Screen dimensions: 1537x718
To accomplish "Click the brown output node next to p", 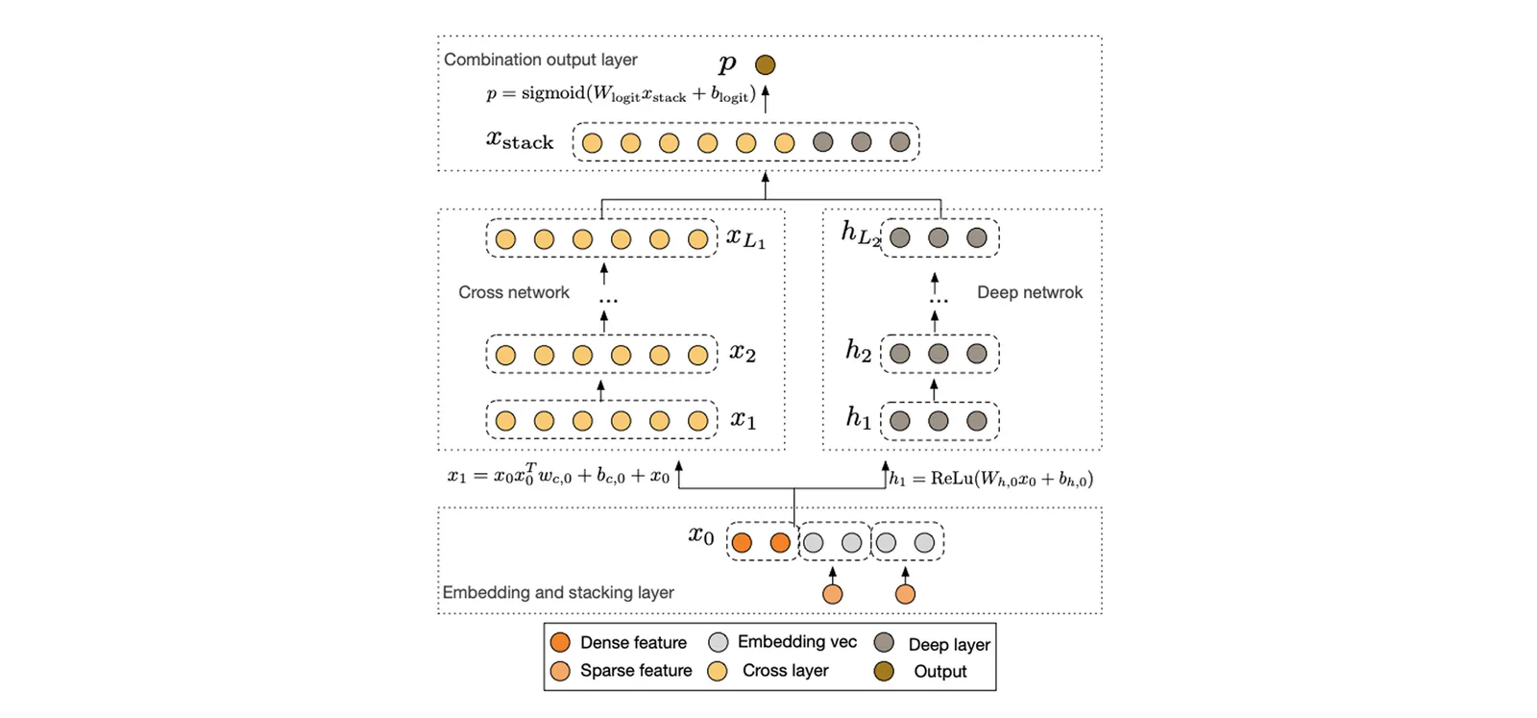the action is point(765,64).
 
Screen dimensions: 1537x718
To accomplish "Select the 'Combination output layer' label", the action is point(541,60).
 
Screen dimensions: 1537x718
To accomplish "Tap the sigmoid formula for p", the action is point(621,94).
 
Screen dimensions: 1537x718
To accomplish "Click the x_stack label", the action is point(520,140).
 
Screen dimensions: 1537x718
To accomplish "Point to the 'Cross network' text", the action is point(514,292).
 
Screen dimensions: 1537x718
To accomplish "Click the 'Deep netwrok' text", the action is point(1030,292).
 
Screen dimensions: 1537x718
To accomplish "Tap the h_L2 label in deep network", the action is point(861,235).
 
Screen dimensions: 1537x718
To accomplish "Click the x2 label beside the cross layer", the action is point(743,353).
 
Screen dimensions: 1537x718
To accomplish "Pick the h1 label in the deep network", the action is point(859,417).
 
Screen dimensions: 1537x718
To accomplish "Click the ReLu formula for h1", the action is point(991,479).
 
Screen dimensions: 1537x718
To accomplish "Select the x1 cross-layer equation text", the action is point(558,474).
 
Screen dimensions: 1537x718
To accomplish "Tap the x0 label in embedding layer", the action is point(701,534).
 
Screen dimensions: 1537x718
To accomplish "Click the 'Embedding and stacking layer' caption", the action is point(558,592).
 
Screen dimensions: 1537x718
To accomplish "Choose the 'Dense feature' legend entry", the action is point(619,642).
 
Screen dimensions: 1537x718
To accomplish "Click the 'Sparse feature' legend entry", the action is point(621,671).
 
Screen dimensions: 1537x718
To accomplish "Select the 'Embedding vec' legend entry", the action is point(783,642).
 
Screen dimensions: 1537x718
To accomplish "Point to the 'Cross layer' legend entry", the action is point(768,671).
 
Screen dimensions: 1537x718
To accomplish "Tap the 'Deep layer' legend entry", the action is point(933,644).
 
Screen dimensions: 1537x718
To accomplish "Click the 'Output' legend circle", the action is point(884,671).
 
